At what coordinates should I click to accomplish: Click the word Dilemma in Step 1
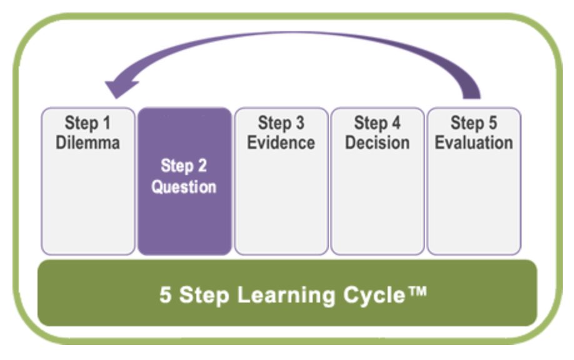[x=88, y=142]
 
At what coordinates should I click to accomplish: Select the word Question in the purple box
[x=184, y=187]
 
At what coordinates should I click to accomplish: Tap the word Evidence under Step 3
[x=281, y=142]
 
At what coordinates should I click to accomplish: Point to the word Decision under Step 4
[x=377, y=142]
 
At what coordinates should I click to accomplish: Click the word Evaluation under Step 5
[x=473, y=142]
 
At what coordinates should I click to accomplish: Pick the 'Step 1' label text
[x=88, y=123]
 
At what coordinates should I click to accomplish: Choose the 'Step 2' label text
[x=184, y=166]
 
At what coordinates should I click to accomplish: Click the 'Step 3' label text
[x=281, y=123]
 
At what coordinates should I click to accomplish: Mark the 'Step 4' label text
[x=377, y=123]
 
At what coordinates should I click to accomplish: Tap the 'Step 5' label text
[x=473, y=123]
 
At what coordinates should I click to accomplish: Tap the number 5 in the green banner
[x=165, y=294]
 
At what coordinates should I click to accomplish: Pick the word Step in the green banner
[x=204, y=294]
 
